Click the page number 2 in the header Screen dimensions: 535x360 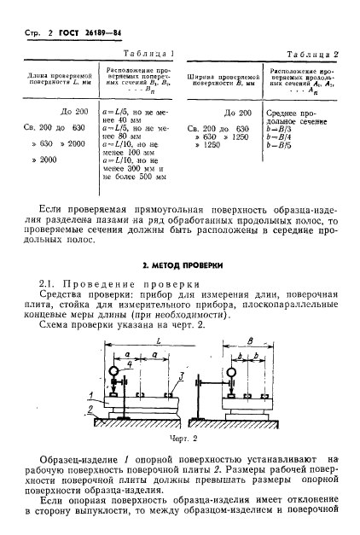42,34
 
